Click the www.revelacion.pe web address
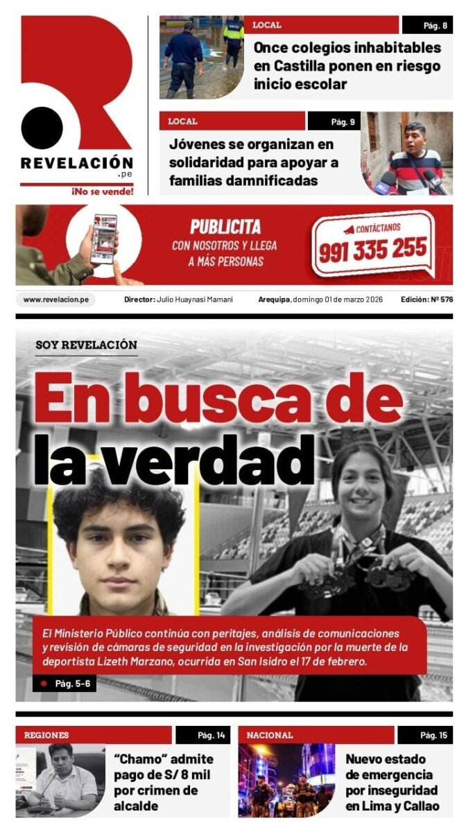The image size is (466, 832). (55, 300)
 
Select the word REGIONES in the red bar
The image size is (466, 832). (46, 735)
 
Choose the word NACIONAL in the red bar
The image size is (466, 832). (270, 735)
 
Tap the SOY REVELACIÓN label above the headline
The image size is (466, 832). (87, 345)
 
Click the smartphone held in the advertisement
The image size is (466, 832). (104, 238)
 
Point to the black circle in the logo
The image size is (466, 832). (42, 128)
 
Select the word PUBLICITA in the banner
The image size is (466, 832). (225, 227)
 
